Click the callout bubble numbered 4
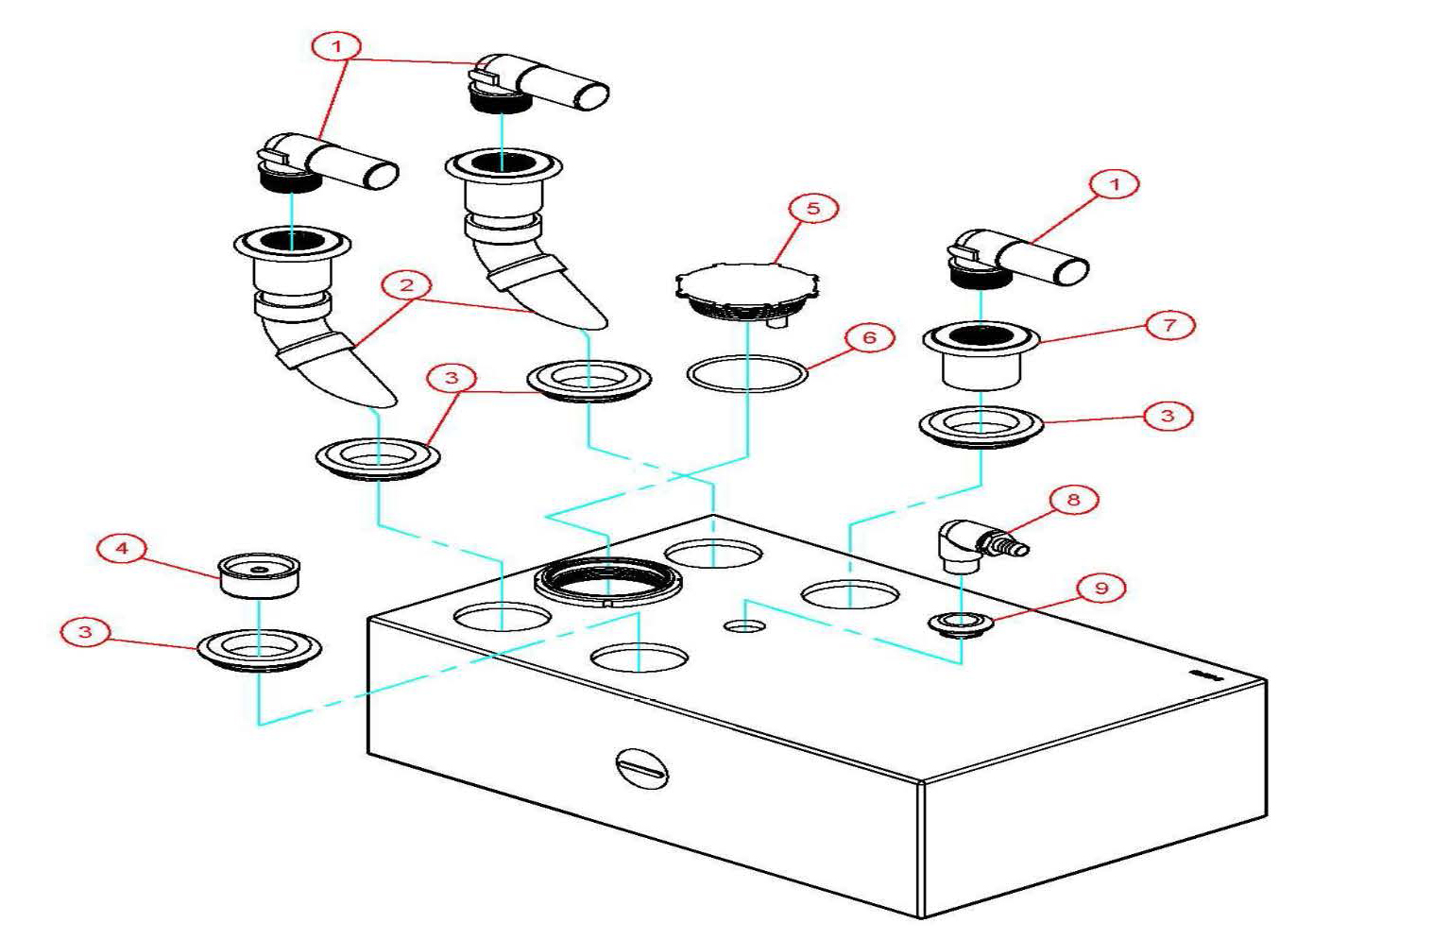122,548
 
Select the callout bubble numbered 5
813,208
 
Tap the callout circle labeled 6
868,337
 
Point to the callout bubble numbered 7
1169,325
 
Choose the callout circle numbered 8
1072,499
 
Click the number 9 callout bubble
1101,588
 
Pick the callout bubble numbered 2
406,284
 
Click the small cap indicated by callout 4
259,575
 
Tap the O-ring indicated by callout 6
747,374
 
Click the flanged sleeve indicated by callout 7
981,356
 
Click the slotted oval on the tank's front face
642,768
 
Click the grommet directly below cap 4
259,650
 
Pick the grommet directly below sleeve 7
981,426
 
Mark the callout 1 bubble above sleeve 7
1115,183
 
